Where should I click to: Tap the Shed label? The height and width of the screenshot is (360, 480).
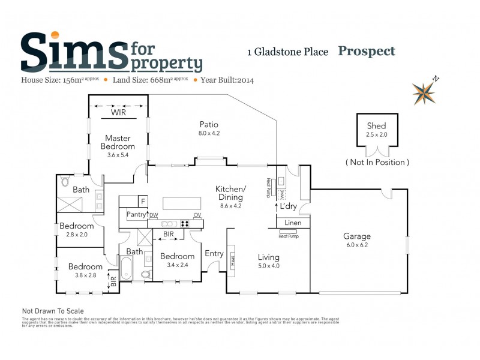376,126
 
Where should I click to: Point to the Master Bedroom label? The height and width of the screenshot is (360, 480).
118,142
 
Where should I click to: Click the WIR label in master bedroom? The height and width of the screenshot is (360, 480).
119,112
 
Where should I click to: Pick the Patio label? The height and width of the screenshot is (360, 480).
209,124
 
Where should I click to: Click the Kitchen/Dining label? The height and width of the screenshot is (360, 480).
229,193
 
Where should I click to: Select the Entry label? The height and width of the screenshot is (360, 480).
214,254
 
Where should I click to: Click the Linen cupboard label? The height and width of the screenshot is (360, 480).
293,223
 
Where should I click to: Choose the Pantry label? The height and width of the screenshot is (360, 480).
137,214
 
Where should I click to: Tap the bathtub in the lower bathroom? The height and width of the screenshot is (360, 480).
126,268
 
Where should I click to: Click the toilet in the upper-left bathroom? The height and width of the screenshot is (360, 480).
65,182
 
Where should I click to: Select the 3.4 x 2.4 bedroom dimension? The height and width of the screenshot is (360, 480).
178,265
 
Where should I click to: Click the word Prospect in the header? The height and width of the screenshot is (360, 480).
367,51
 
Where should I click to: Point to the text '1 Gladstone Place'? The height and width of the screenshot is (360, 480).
287,52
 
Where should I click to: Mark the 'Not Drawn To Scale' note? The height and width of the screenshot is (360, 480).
53,311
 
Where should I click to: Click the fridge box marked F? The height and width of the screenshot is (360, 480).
143,201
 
